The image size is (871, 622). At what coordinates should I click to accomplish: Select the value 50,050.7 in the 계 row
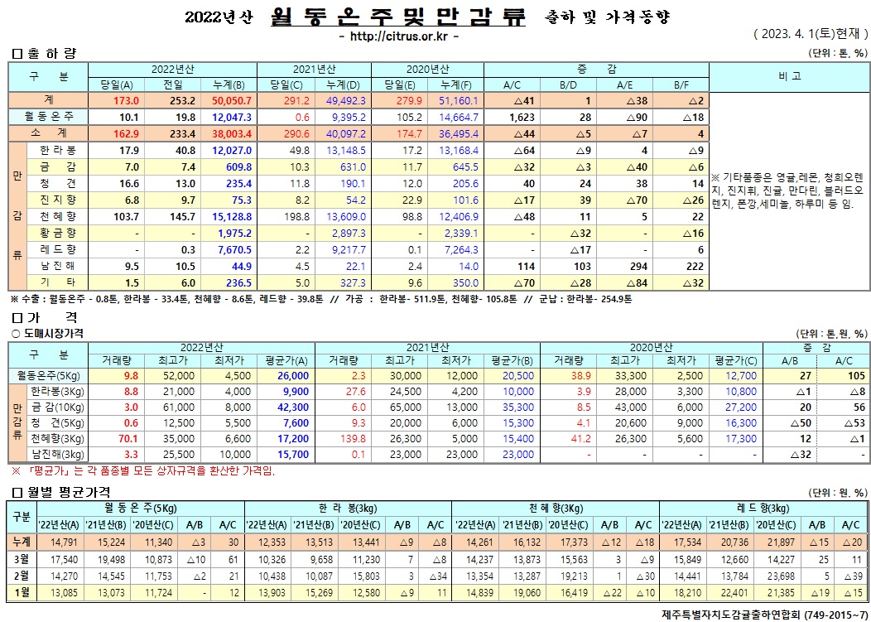tap(233, 99)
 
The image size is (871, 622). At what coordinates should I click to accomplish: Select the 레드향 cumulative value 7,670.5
tap(233, 249)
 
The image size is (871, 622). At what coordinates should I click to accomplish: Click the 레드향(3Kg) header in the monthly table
tap(764, 507)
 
